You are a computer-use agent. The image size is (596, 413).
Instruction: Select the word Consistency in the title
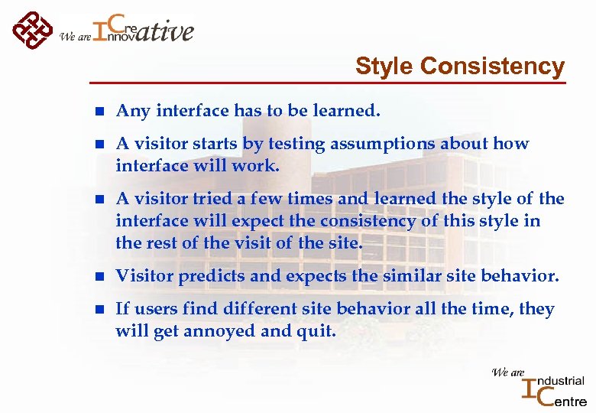coord(492,67)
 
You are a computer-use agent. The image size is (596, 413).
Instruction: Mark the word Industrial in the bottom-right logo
coord(562,381)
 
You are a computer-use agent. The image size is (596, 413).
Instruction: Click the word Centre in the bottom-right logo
coord(566,399)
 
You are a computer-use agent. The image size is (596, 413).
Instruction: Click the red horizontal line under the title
coord(329,83)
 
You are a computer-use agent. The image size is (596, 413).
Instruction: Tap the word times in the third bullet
coord(310,199)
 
